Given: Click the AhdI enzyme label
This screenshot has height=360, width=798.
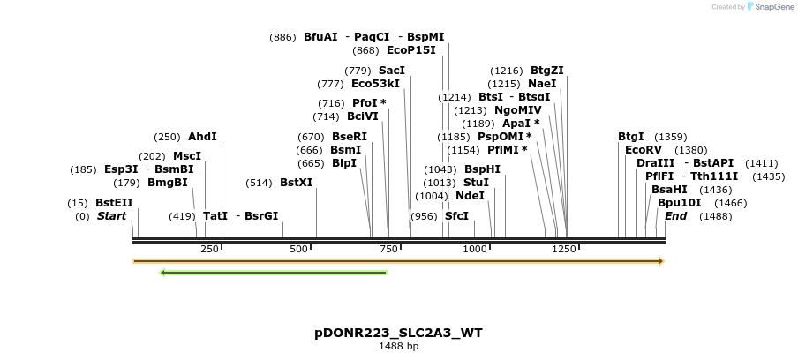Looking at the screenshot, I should pos(201,137).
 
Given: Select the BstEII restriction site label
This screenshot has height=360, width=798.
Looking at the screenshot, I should pos(114,203).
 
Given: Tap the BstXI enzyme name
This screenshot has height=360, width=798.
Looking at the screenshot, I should pos(296,183).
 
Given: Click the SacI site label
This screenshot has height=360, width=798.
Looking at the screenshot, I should pos(392,71).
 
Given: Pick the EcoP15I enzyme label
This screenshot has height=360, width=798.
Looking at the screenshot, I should pos(410,50).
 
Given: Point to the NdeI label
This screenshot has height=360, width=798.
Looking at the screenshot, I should pos(470,196).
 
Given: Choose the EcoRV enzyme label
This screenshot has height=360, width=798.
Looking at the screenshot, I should pos(643,150).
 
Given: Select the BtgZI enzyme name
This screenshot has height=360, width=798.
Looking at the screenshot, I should pos(546,71).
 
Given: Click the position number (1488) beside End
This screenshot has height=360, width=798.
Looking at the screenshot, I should pos(715,216).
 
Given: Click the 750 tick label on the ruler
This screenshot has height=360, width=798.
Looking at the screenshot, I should pos(388,249).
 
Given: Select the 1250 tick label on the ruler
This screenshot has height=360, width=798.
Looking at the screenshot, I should pos(564,249).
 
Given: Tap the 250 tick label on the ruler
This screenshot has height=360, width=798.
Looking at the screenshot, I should pos(209,249).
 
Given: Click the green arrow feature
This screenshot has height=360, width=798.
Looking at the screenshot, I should pos(274,273).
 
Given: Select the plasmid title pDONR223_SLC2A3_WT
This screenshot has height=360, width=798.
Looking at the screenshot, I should pos(398,333).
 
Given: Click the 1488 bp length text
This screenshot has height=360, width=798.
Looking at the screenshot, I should pos(398,347).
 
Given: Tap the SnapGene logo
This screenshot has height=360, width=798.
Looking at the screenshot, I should pos(767,7).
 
